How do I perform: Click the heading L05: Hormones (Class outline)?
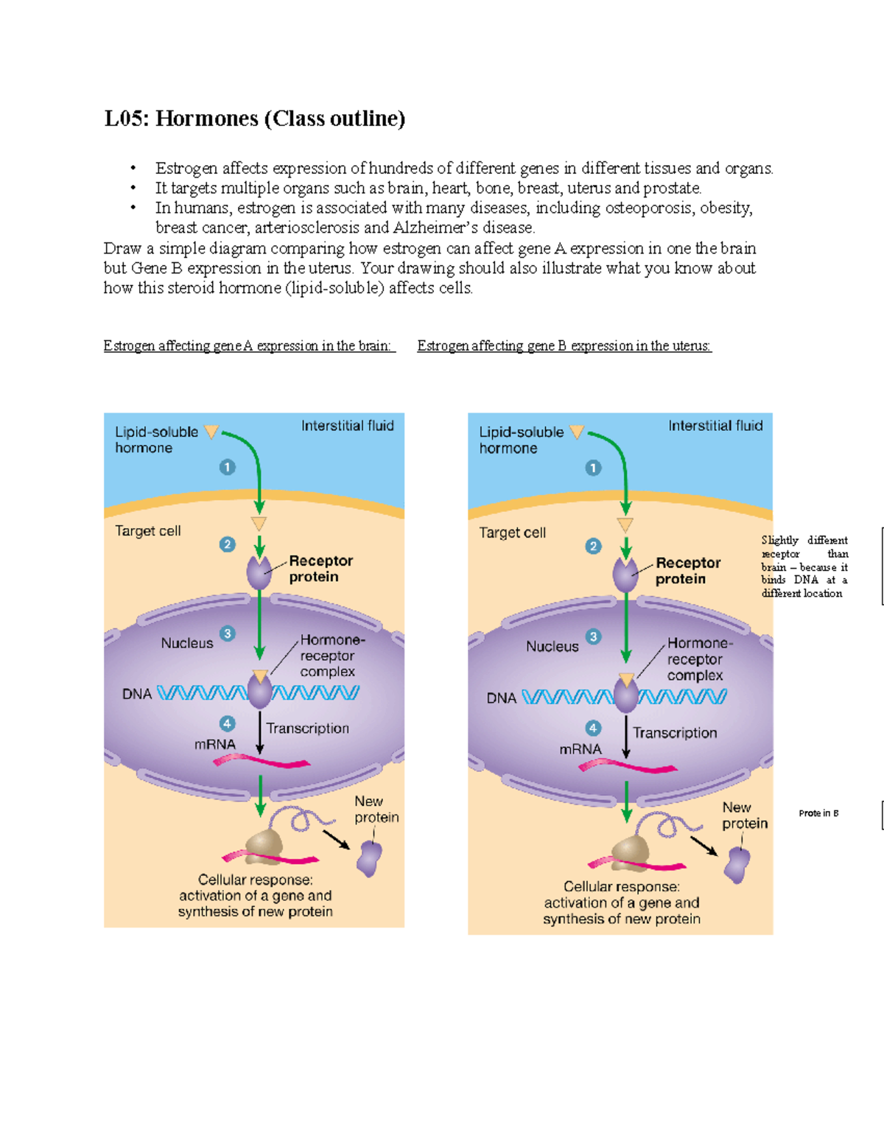(255, 119)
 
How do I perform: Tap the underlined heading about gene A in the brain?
(249, 345)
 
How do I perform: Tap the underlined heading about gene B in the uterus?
(564, 345)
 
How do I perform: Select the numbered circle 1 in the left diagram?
(228, 467)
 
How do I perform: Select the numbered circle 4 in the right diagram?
(593, 729)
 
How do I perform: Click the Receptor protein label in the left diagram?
(320, 569)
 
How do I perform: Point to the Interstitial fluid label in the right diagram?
(715, 426)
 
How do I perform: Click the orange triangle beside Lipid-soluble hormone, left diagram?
(211, 432)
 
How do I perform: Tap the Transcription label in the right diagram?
(675, 733)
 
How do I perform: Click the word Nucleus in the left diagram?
(187, 643)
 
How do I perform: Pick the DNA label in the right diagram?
(501, 698)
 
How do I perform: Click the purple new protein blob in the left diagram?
(369, 858)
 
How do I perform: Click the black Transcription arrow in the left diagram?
(260, 732)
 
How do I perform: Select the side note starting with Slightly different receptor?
(804, 566)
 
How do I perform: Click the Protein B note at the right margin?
(818, 813)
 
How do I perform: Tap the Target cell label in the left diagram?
(147, 531)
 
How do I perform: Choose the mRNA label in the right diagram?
(580, 749)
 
